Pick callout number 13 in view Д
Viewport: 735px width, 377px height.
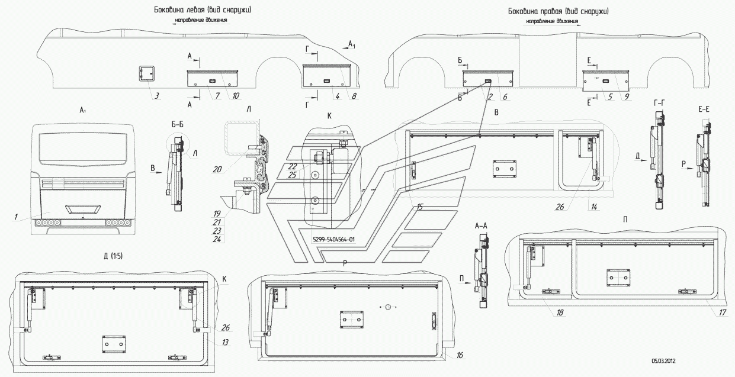click(225, 342)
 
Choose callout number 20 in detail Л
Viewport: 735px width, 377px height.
click(218, 168)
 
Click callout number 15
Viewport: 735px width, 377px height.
click(419, 207)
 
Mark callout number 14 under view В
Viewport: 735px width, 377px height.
click(593, 207)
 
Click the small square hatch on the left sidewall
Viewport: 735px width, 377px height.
click(146, 74)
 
